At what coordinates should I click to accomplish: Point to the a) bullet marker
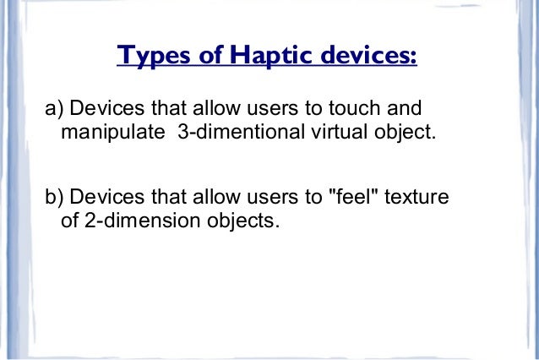point(55,111)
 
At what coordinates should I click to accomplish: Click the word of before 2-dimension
point(71,221)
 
